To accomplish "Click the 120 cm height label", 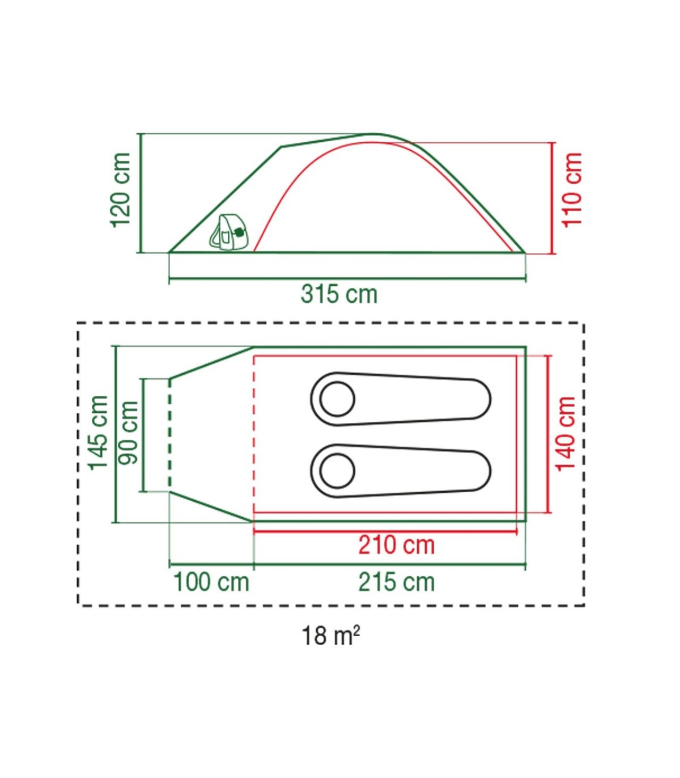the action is coord(121,190).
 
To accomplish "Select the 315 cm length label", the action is coord(339,294).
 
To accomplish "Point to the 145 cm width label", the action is coord(99,433).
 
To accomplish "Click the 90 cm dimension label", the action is coord(128,433).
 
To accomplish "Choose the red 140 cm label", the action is coord(566,433).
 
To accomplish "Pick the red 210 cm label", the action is coord(397,546).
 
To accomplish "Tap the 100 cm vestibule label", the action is coord(211,582).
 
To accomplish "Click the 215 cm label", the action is coord(397,582).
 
